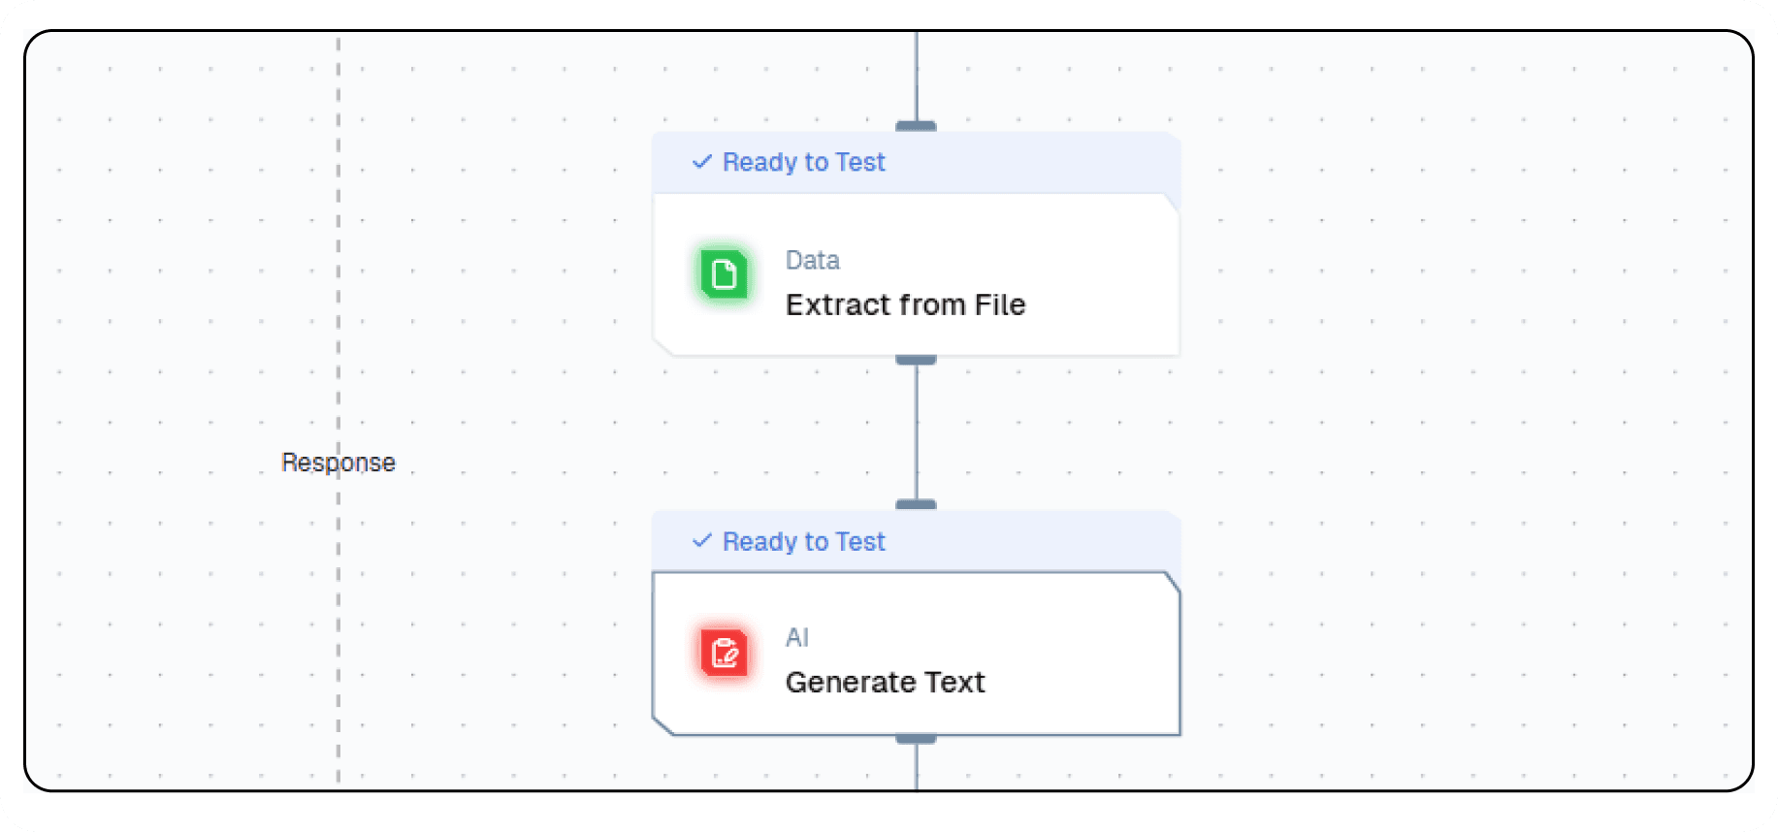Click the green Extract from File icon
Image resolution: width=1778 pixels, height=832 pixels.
coord(724,274)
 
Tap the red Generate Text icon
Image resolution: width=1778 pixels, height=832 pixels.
coord(724,653)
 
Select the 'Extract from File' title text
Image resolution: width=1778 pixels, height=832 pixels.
coord(905,304)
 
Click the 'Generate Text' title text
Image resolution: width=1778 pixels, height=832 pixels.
coord(885,682)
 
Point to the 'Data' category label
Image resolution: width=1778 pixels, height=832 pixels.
coord(812,260)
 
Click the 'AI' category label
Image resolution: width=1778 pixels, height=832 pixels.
coord(796,637)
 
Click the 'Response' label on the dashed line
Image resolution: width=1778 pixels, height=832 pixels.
coord(339,463)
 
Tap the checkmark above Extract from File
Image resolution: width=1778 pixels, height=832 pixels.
coord(702,162)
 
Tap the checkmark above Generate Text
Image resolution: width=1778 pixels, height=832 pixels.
coord(702,541)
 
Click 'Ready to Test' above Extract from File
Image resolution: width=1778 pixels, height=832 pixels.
coord(804,162)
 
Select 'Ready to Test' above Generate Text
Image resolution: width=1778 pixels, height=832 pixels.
coord(804,541)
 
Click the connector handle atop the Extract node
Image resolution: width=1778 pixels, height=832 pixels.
coord(916,126)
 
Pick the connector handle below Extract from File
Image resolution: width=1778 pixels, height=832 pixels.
coord(916,360)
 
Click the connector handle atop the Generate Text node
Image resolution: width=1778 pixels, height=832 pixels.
coord(916,504)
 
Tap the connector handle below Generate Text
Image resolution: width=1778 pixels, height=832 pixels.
coord(916,739)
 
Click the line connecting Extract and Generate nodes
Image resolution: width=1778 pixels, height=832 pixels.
coord(916,432)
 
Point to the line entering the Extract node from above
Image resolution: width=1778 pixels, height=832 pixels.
coord(916,78)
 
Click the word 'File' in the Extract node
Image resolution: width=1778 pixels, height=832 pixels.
coord(1000,304)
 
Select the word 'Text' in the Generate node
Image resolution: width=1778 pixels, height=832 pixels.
coord(954,682)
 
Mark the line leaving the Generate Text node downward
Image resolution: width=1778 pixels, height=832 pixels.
coord(916,768)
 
